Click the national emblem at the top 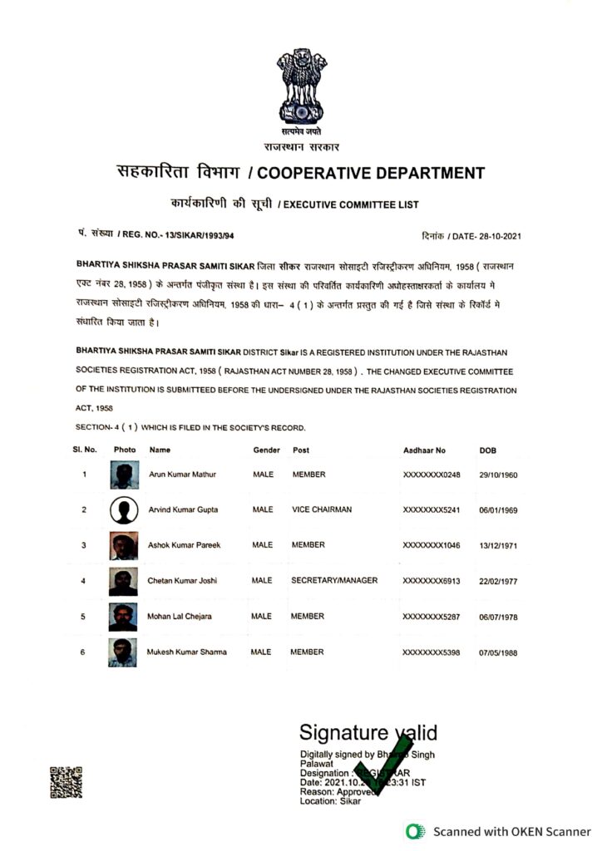coord(302,87)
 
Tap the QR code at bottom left coord(67,782)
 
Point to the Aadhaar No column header coord(424,450)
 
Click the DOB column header coord(488,450)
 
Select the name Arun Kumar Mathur coord(182,475)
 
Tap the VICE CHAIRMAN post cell coord(322,509)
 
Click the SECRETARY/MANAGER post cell coord(334,580)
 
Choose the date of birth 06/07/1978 coord(498,617)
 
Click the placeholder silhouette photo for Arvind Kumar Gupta coord(123,509)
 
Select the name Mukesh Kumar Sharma coord(187,652)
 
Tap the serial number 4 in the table coord(83,580)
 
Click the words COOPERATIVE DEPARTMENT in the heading coord(366,174)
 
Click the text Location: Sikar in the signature coord(331,802)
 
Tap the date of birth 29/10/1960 coord(498,475)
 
